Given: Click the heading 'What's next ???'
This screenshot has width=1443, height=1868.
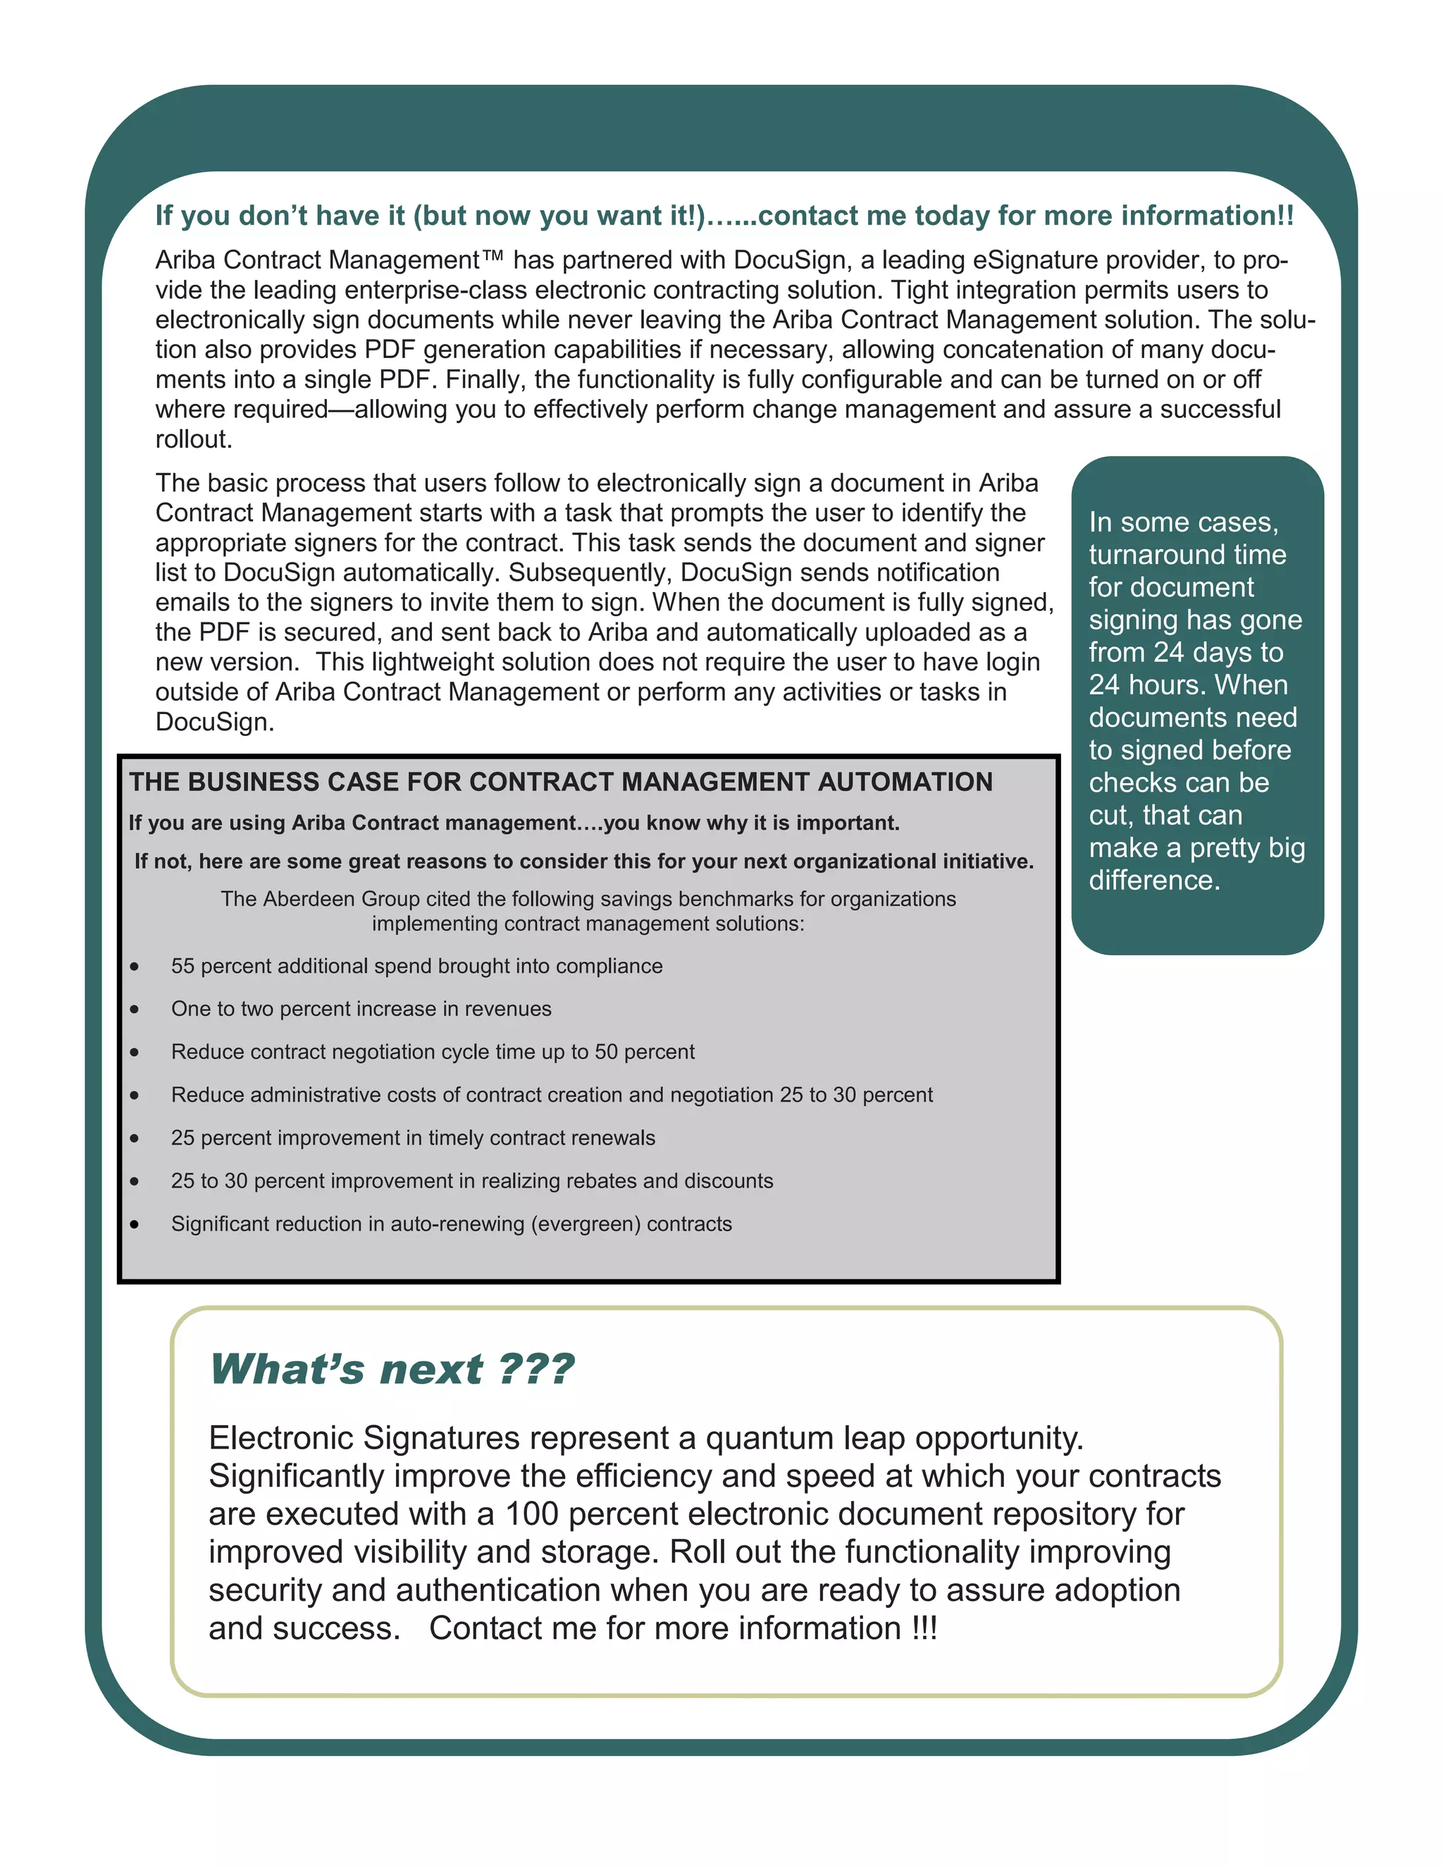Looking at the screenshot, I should pos(392,1370).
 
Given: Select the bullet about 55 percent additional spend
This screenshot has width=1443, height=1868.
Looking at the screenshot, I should pos(416,966).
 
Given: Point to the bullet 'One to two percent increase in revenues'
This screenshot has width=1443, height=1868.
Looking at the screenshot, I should pos(361,1009).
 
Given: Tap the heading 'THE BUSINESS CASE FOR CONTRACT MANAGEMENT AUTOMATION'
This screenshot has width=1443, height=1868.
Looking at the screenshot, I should pos(561,782).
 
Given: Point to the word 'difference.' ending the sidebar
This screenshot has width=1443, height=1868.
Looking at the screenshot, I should pos(1154,880).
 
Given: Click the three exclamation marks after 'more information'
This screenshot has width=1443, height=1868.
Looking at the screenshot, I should pos(924,1628).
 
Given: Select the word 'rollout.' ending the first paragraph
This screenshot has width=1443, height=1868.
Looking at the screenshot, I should pos(193,440).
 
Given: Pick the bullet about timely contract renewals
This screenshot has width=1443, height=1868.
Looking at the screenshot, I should pos(413,1138).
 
